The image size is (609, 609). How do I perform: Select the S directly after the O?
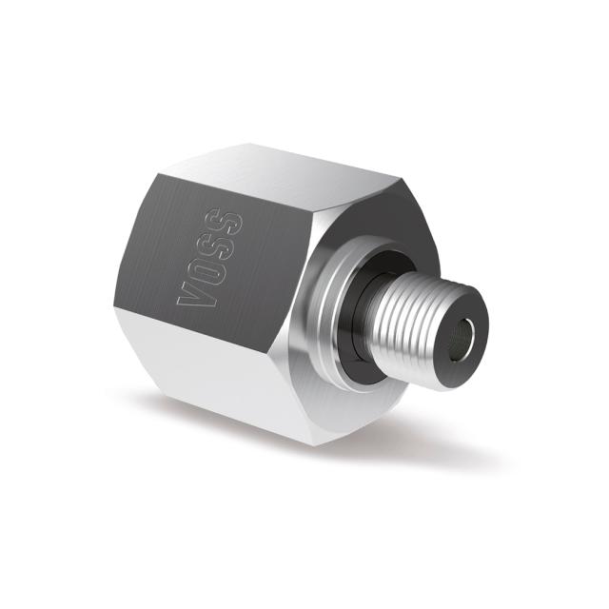point(218,243)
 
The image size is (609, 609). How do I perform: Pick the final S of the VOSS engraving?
point(229,221)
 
